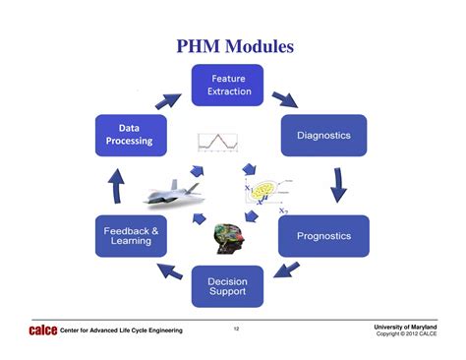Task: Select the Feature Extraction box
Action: point(227,86)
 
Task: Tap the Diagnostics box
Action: point(323,136)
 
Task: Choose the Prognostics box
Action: point(322,236)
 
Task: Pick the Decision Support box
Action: point(227,286)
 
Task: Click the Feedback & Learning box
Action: point(131,236)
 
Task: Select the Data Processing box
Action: point(131,135)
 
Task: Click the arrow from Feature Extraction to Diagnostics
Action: point(285,98)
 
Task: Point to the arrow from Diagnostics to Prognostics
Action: point(338,185)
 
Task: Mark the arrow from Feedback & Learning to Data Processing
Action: point(117,185)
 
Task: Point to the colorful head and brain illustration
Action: point(229,237)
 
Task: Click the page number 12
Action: point(236,328)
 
